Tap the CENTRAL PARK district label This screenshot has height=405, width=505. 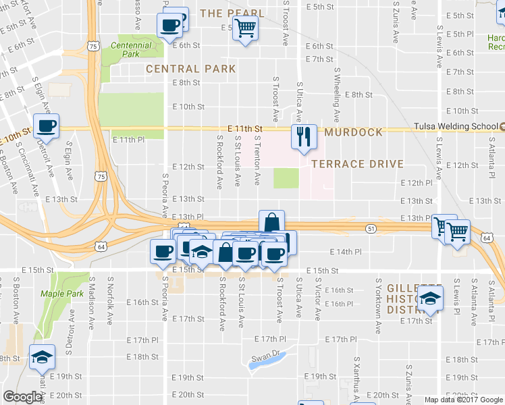[x=191, y=69]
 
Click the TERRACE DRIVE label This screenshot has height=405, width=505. [x=357, y=164]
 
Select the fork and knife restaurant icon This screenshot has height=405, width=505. [x=303, y=136]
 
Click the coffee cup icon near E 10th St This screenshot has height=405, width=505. [x=47, y=126]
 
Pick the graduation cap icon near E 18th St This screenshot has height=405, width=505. [x=43, y=356]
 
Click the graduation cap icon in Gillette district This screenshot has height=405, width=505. [x=428, y=297]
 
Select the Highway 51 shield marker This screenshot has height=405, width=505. [x=370, y=229]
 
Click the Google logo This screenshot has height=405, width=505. [x=23, y=397]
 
